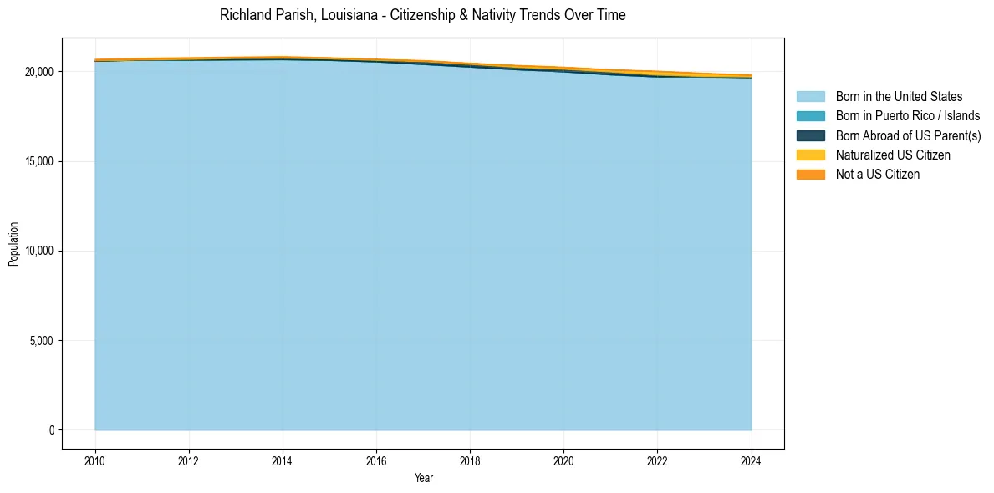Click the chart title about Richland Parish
pos(422,15)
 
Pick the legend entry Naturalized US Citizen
pos(893,155)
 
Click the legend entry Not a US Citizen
pos(878,175)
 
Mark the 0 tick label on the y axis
pos(51,430)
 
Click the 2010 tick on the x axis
pos(95,460)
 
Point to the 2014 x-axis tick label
pos(283,460)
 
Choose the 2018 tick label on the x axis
pos(470,460)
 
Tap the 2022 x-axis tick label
pos(658,460)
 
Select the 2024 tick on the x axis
pos(752,460)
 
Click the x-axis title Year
pos(423,478)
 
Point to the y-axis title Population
pos(13,244)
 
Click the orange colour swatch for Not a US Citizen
pos(810,175)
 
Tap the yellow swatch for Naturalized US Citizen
pos(810,155)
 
